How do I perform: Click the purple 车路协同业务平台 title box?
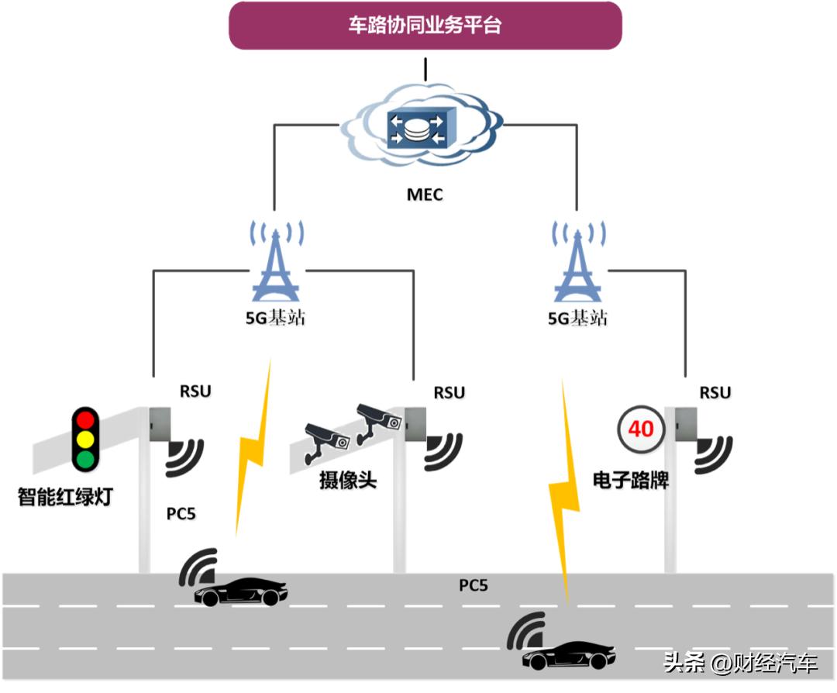tap(425, 26)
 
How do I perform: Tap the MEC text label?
tap(425, 195)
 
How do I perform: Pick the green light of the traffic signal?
tap(84, 459)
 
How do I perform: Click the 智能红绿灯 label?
tap(65, 497)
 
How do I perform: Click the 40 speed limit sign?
tap(641, 428)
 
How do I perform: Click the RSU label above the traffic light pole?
tap(195, 391)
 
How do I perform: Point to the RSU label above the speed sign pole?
tap(715, 393)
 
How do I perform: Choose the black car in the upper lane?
tap(239, 592)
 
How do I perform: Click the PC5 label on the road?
tap(474, 585)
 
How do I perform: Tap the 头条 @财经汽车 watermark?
tap(740, 664)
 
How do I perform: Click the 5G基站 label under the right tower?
tap(577, 319)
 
